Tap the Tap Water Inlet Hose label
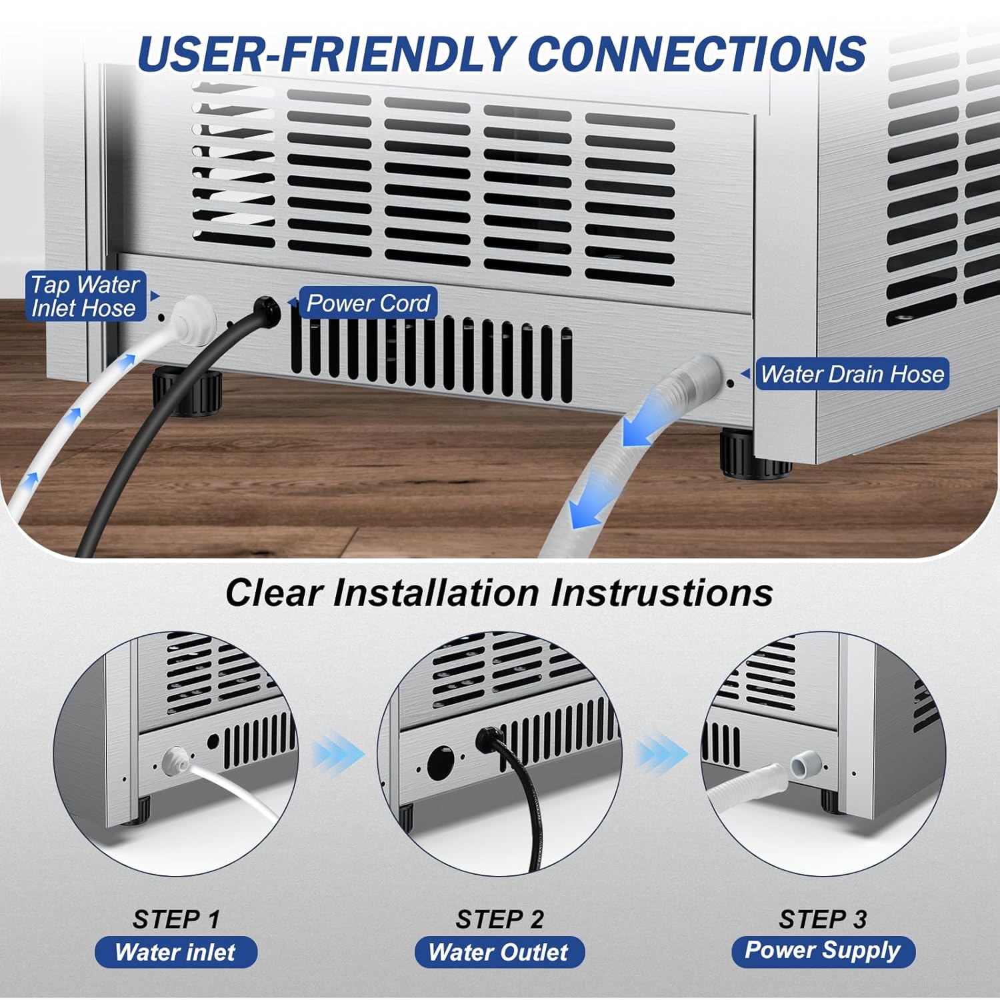point(85,296)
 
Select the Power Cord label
point(367,303)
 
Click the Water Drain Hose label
point(853,374)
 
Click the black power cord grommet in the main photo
point(267,311)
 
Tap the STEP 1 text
point(176,919)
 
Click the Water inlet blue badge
point(176,952)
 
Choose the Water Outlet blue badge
point(499,952)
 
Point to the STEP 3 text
point(823,919)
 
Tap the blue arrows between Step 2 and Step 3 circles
point(663,754)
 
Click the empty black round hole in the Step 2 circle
point(440,762)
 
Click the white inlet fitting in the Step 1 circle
point(175,759)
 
